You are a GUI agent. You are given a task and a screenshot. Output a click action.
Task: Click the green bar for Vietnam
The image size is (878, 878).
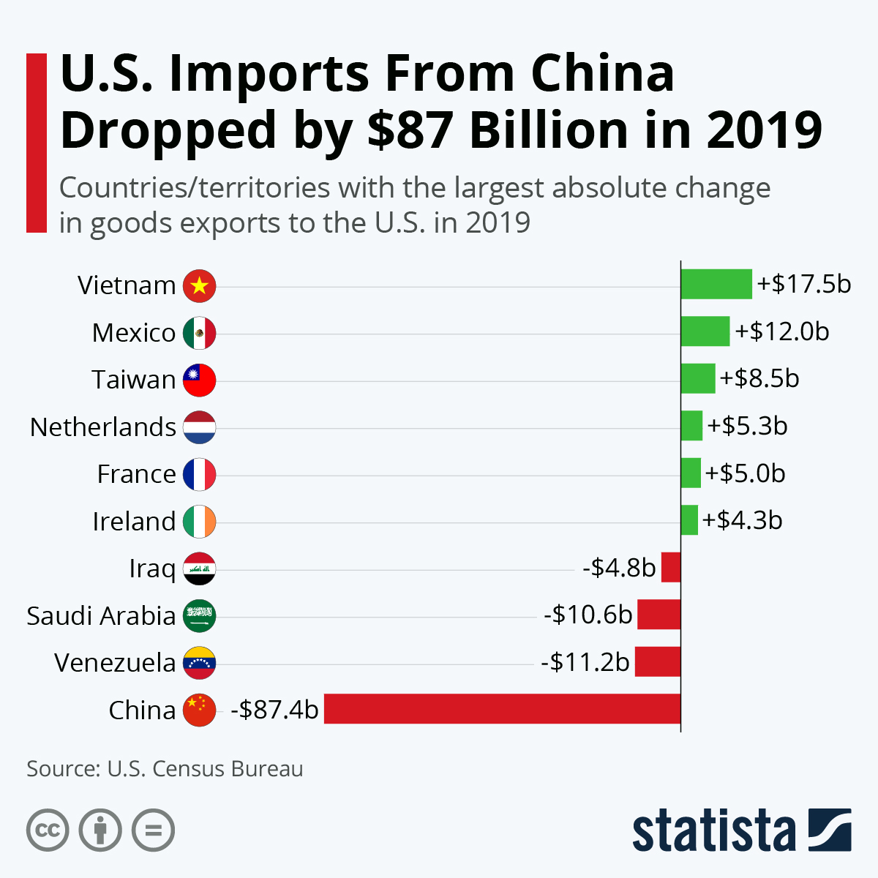pos(716,284)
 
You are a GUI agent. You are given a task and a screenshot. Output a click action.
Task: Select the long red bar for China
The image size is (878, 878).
pos(502,709)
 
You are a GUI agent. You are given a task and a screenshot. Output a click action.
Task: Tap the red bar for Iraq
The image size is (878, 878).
pos(671,567)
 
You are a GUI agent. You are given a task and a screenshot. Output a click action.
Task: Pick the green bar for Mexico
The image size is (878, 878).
pos(705,331)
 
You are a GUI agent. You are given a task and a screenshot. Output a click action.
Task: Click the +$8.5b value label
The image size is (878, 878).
pos(759,378)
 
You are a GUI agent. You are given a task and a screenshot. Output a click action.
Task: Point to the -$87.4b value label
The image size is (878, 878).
pos(274,709)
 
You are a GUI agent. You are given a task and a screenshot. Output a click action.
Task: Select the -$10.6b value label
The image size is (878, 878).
pos(588,615)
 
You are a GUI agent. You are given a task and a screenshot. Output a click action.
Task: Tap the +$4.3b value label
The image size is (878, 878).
pos(743,520)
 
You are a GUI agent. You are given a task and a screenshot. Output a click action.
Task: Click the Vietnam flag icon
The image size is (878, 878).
pos(199,285)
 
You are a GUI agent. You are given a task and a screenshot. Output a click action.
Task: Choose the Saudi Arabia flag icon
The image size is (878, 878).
pos(199,615)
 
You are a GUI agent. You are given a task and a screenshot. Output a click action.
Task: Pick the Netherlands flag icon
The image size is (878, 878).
pos(199,427)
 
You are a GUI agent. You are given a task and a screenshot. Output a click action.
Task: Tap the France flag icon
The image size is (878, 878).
pos(199,474)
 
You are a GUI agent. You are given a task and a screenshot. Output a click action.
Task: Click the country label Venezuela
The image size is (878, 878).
pos(115,663)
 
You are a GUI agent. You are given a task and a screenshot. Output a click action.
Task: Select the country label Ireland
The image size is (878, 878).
pos(134,522)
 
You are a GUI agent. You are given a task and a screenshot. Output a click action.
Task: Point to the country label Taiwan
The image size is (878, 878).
pos(134,380)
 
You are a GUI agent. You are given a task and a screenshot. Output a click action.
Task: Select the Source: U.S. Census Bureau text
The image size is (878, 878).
pos(165,769)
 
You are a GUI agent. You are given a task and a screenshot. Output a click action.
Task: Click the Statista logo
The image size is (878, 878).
pos(741,830)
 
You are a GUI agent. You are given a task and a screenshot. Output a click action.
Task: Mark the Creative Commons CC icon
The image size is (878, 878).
pos(48,830)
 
